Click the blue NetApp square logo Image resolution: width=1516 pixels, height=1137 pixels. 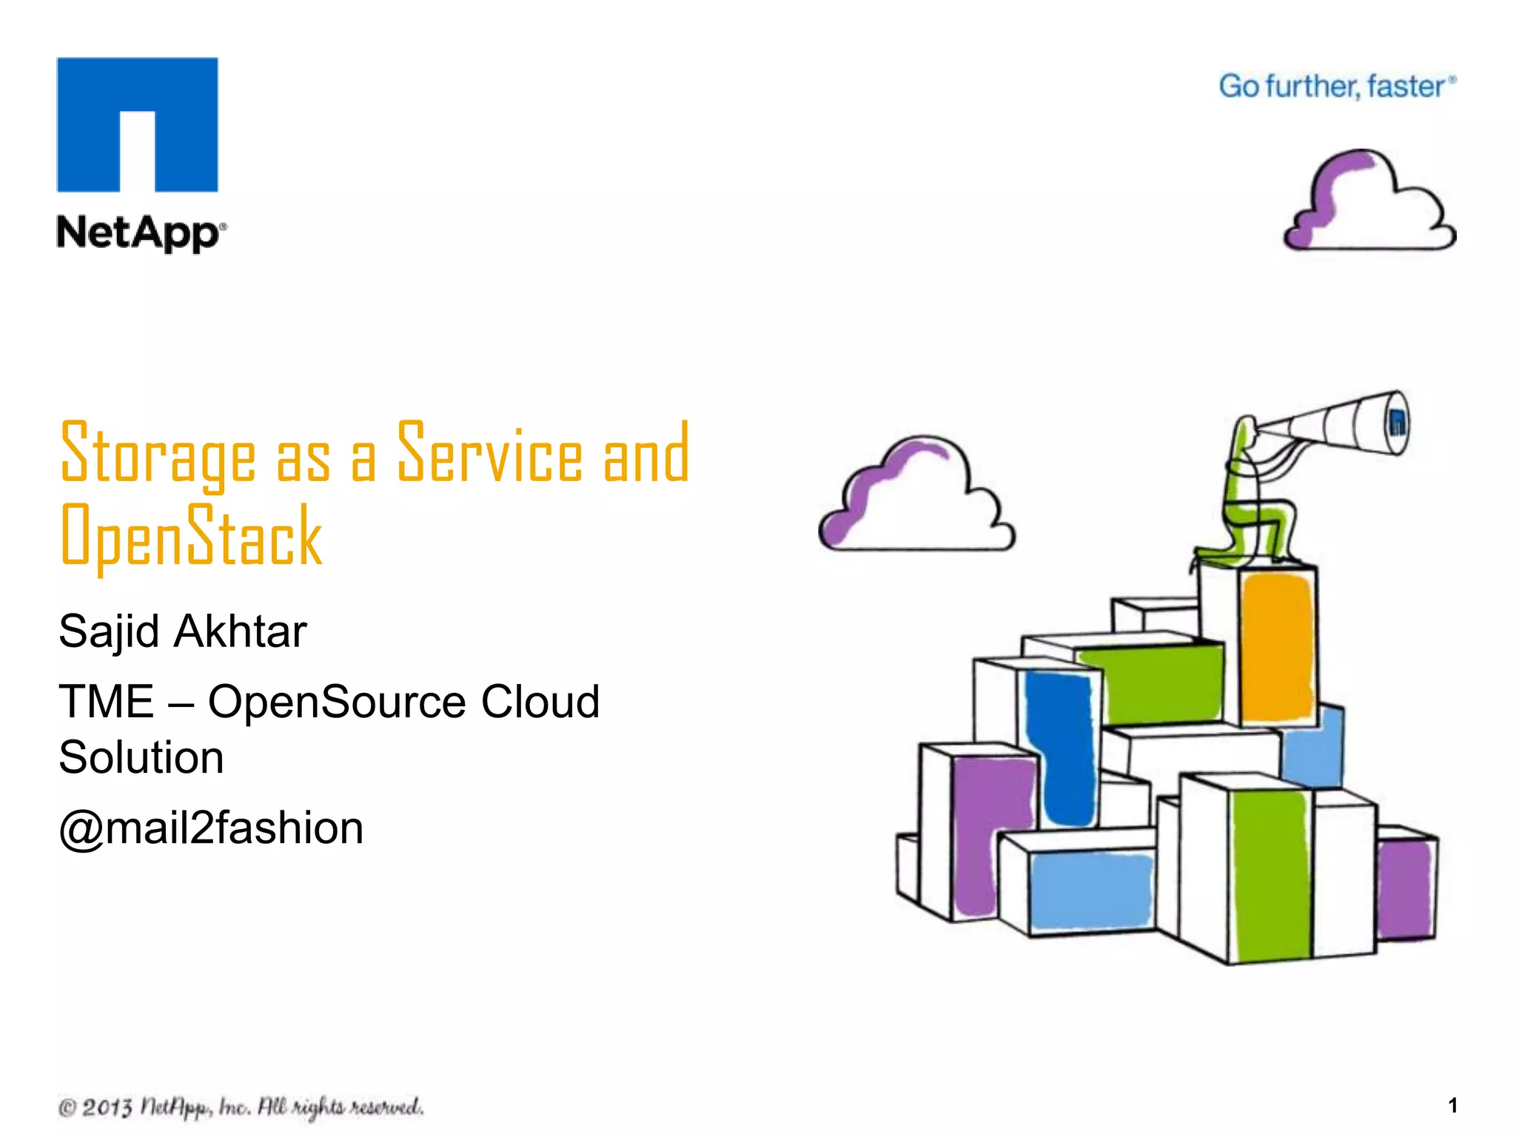(138, 124)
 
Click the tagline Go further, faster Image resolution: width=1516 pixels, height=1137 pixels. (1336, 87)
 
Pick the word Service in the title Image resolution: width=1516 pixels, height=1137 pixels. (490, 453)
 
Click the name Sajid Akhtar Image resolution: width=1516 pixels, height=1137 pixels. (182, 631)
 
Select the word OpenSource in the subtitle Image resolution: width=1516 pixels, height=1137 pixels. (336, 701)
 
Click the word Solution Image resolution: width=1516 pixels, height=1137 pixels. (141, 757)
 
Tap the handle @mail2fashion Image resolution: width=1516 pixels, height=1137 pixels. (211, 828)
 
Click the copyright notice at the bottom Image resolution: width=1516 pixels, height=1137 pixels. (241, 1107)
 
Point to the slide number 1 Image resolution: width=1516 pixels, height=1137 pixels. (1452, 1105)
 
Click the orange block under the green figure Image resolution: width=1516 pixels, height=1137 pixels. (1277, 648)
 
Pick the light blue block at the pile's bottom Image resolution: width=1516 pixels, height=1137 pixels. (1090, 890)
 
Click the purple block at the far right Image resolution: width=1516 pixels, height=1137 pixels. (1404, 888)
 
